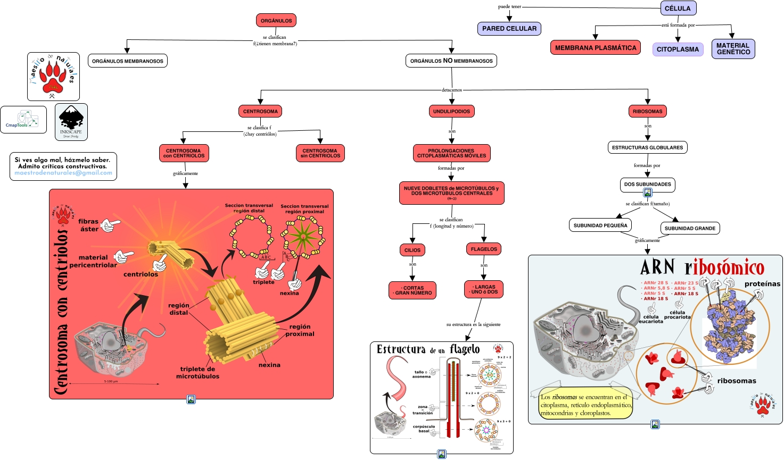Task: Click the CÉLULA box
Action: point(678,9)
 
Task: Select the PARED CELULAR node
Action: point(509,29)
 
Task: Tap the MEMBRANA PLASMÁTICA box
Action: point(596,48)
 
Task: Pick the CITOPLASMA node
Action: point(678,49)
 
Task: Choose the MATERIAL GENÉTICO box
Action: point(733,49)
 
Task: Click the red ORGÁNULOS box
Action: point(276,21)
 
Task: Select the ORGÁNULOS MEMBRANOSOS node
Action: point(128,61)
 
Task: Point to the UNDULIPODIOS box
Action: point(451,112)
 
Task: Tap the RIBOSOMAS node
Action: point(647,112)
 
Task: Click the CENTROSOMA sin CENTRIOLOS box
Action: point(320,153)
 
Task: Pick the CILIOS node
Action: point(412,250)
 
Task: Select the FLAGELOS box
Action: point(484,249)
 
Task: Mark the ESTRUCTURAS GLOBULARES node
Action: point(647,147)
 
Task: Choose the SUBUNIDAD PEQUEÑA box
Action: point(600,225)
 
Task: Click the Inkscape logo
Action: point(71,122)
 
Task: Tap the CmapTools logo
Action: point(23,120)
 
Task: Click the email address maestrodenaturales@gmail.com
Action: point(63,173)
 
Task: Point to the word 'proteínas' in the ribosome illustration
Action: point(762,284)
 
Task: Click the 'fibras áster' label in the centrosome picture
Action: point(88,225)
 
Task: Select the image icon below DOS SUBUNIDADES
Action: point(648,193)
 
